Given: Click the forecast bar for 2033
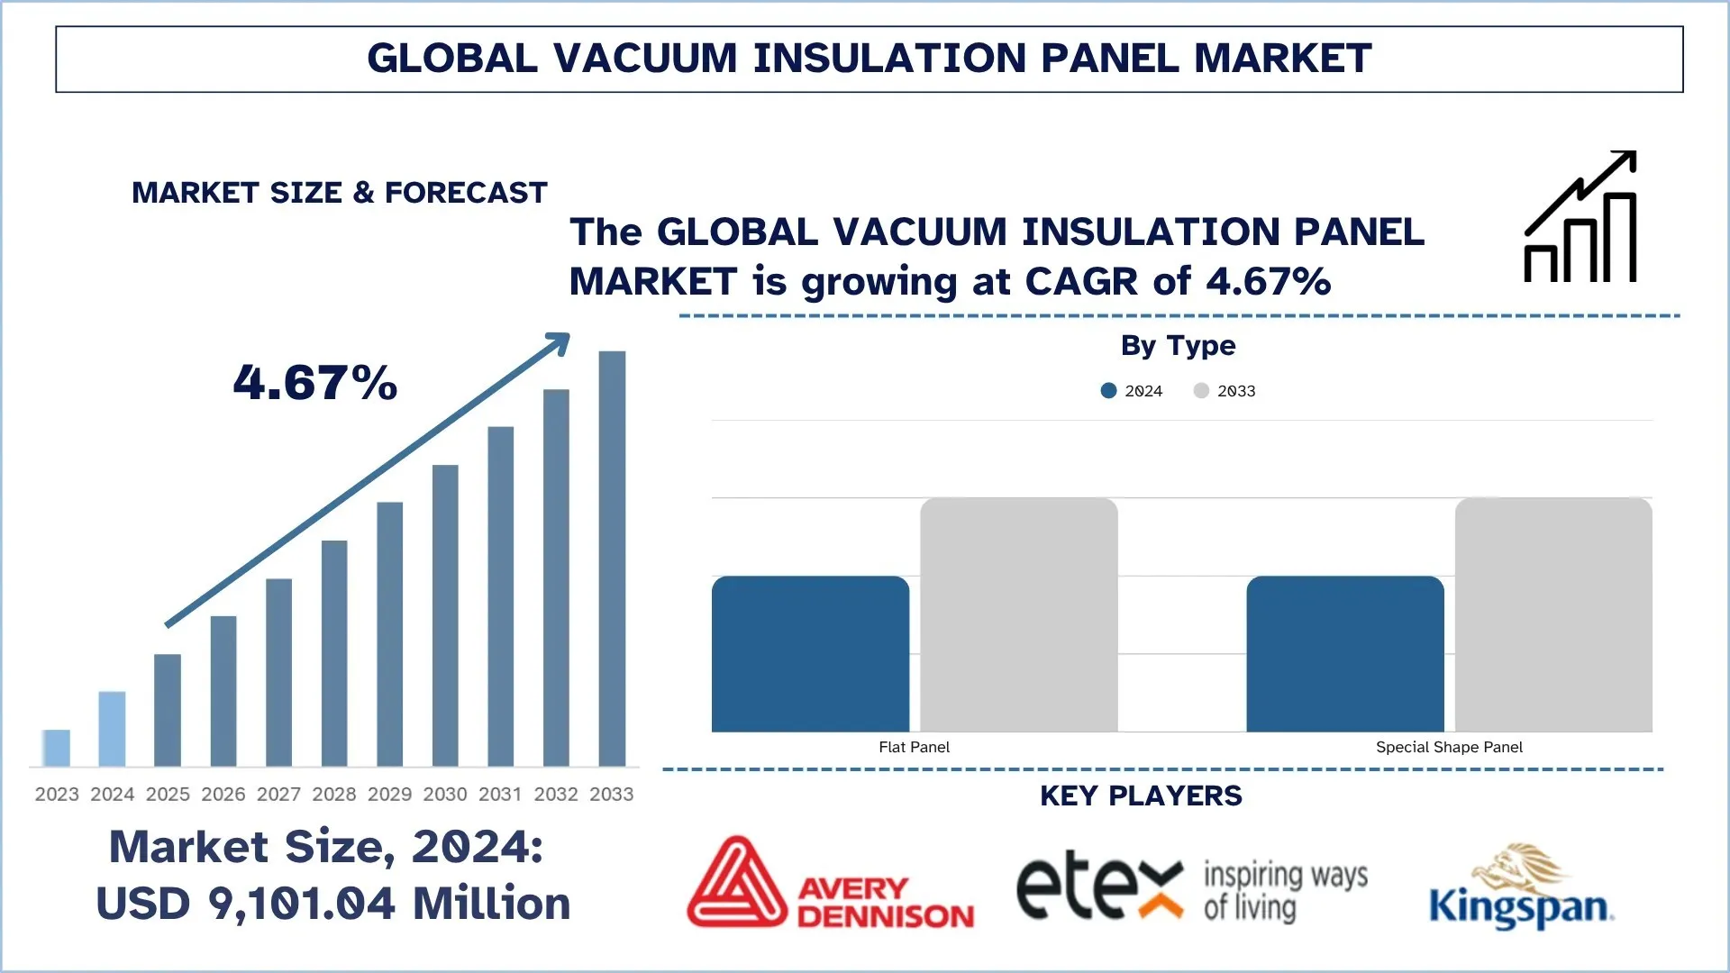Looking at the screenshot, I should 612,559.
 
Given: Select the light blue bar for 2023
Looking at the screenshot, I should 56,748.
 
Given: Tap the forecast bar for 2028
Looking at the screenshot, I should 334,653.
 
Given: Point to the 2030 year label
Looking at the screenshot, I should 445,794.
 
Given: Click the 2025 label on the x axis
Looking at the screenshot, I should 168,794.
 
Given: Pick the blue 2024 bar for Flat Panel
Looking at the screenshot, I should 810,654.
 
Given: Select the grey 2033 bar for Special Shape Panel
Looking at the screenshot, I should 1553,614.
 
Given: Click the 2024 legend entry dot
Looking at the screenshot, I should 1109,390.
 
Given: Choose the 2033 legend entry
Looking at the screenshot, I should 1225,390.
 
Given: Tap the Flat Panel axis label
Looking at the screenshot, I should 914,747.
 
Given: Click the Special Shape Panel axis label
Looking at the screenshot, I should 1449,747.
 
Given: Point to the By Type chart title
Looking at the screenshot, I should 1178,345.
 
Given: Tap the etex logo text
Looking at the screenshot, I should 1099,885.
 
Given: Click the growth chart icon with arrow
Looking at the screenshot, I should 1580,217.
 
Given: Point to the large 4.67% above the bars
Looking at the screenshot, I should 315,382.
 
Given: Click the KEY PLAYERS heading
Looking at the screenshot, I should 1141,796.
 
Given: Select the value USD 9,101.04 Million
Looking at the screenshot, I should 333,904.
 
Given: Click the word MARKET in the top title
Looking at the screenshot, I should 1282,59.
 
